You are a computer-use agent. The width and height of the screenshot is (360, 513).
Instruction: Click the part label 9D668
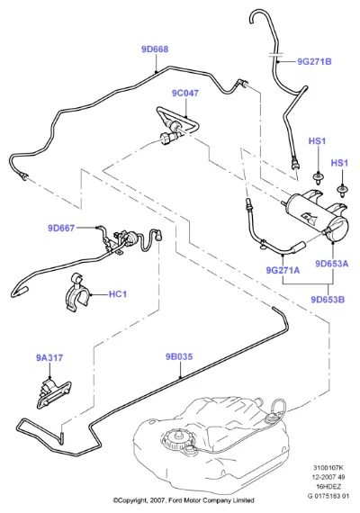coord(155,49)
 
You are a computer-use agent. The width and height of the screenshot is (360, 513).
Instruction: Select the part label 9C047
coord(185,94)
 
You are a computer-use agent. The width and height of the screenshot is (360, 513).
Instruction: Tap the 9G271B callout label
coord(314,61)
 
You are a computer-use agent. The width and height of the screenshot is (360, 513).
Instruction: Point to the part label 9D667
coord(61,228)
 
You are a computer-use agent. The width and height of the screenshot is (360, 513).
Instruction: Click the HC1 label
coord(118,294)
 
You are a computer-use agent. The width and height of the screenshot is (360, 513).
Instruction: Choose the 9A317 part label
coord(49,358)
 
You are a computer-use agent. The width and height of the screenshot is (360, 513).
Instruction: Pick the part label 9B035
coord(179,356)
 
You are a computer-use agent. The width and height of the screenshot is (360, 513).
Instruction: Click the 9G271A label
coord(283,270)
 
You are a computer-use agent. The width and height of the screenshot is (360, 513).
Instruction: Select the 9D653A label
coord(332,264)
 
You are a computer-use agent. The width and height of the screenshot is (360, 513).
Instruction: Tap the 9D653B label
coord(328,300)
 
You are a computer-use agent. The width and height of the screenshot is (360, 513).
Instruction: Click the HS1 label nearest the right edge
coord(339,163)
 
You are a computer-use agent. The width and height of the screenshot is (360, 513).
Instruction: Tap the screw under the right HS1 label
coord(342,191)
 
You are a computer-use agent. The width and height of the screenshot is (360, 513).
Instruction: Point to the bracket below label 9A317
coord(54,393)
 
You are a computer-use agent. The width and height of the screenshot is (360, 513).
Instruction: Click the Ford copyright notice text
coord(184,500)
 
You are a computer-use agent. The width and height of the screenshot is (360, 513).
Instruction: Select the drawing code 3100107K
coord(328,468)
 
